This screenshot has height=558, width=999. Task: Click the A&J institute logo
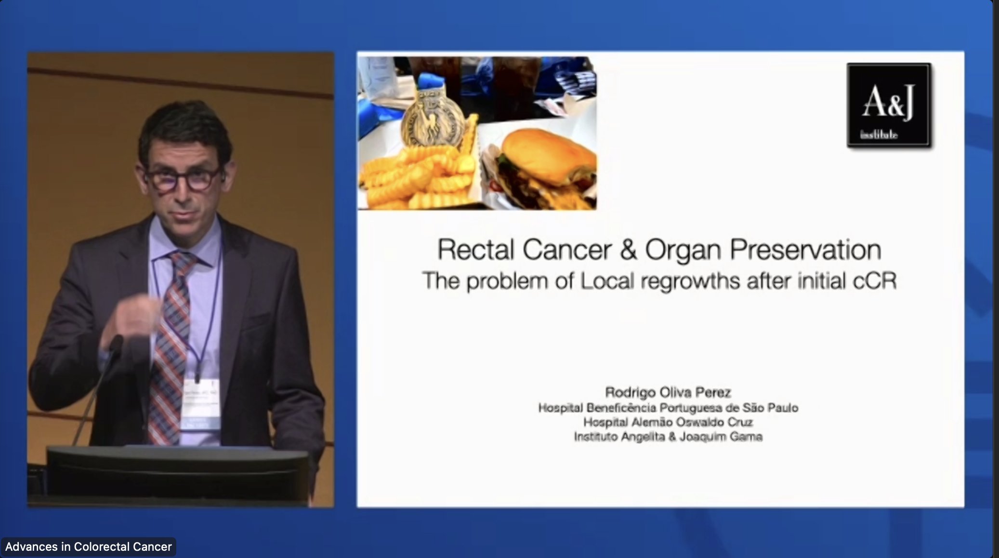[889, 105]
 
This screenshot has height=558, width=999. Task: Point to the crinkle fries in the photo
[414, 178]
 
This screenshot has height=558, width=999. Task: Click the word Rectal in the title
[475, 250]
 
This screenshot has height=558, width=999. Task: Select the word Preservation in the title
[805, 250]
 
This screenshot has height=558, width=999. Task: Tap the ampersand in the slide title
[628, 250]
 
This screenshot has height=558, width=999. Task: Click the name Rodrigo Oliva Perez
[668, 392]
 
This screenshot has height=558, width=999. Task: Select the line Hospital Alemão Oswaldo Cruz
[668, 423]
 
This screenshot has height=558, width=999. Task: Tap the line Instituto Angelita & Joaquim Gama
[668, 437]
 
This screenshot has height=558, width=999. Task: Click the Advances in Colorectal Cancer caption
[89, 547]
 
